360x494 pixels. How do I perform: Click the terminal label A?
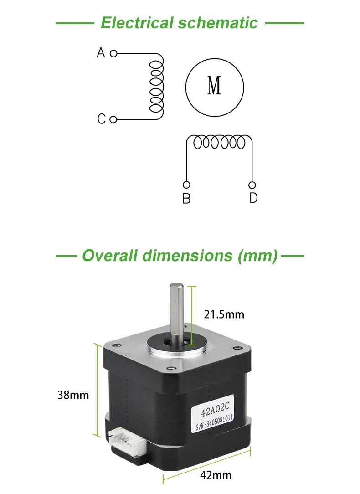pyautogui.click(x=101, y=53)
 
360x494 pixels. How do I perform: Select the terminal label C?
pyautogui.click(x=101, y=119)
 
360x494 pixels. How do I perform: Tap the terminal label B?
pyautogui.click(x=186, y=199)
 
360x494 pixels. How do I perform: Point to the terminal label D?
pyautogui.click(x=253, y=198)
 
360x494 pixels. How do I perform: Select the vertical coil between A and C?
pyautogui.click(x=156, y=87)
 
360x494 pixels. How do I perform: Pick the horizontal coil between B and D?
pyautogui.click(x=219, y=142)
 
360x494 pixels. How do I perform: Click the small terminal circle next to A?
pyautogui.click(x=113, y=53)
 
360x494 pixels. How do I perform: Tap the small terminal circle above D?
pyautogui.click(x=252, y=185)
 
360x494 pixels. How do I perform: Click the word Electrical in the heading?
pyautogui.click(x=137, y=23)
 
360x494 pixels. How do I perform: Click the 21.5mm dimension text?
pyautogui.click(x=224, y=314)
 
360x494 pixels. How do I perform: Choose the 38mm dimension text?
pyautogui.click(x=73, y=395)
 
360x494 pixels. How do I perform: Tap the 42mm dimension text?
pyautogui.click(x=216, y=475)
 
